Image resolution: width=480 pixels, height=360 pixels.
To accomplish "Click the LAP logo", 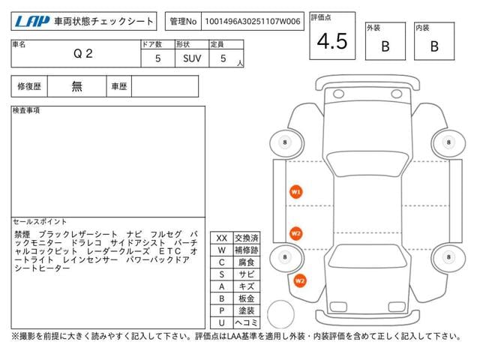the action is pyautogui.click(x=32, y=22).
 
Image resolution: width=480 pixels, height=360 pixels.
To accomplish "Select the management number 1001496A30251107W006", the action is pyautogui.click(x=253, y=22).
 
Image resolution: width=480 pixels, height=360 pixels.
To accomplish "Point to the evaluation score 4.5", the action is pyautogui.click(x=332, y=41).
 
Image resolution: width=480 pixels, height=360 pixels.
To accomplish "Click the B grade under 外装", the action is pyautogui.click(x=385, y=46).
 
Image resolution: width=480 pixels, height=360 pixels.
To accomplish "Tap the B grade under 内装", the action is pyautogui.click(x=434, y=46).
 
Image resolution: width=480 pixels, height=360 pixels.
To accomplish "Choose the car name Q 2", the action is pyautogui.click(x=83, y=54).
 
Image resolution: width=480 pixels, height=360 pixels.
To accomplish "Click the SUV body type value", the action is pyautogui.click(x=192, y=58).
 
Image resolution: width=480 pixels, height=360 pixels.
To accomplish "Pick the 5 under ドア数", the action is pyautogui.click(x=158, y=58).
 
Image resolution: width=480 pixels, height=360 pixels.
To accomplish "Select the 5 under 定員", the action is pyautogui.click(x=223, y=58).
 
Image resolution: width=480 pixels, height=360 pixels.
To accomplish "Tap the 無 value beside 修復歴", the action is pyautogui.click(x=76, y=86).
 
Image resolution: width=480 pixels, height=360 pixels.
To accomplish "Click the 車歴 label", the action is pyautogui.click(x=119, y=87).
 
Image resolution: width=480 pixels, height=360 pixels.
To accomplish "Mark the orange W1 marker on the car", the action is pyautogui.click(x=295, y=192).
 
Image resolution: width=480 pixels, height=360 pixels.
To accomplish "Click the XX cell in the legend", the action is pyautogui.click(x=222, y=238).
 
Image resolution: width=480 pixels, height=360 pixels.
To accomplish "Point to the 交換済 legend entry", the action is pyautogui.click(x=247, y=238).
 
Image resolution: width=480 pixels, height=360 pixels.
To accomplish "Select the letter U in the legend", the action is pyautogui.click(x=222, y=322).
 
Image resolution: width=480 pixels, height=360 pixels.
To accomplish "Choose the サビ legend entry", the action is pyautogui.click(x=247, y=274).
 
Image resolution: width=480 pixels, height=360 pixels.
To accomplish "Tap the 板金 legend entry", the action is pyautogui.click(x=247, y=298).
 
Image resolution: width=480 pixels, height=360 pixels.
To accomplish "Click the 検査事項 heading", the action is pyautogui.click(x=26, y=110).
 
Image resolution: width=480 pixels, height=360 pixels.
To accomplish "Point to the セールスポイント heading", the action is pyautogui.click(x=40, y=222).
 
